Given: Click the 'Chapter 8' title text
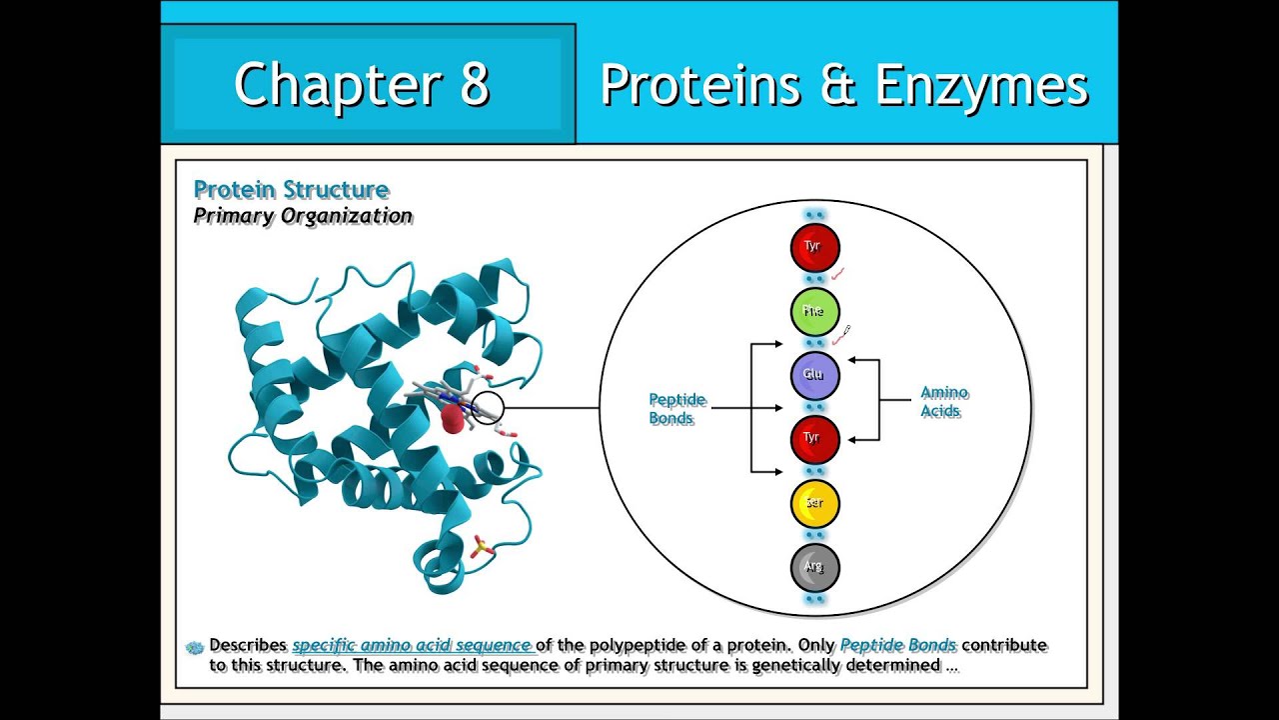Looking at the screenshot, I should coord(362,84).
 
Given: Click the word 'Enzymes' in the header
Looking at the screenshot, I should coord(980,85).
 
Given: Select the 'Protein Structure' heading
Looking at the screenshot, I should coord(291,190).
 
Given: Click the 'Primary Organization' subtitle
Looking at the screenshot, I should coord(302,216).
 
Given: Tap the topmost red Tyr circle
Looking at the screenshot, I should coord(814,247).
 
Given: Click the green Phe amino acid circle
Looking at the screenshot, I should coord(814,311).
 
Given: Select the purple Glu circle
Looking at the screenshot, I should coord(814,375).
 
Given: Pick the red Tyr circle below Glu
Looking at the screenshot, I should coord(814,438).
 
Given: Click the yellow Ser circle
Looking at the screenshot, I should coord(814,503).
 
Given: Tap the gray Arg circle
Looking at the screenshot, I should coord(814,567).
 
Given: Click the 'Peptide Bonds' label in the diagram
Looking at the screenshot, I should coord(676,409).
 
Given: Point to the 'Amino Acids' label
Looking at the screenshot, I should coord(943,402).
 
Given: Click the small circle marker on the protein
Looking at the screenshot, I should coord(487,407).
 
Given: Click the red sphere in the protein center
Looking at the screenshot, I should coord(453,419).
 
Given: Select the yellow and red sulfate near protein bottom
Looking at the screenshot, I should coord(481,547).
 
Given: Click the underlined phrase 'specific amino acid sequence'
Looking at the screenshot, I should coord(412,646).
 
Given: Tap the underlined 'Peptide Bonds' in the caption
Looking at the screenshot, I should coord(897,646).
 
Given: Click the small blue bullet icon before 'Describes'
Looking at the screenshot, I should coord(196,647).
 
